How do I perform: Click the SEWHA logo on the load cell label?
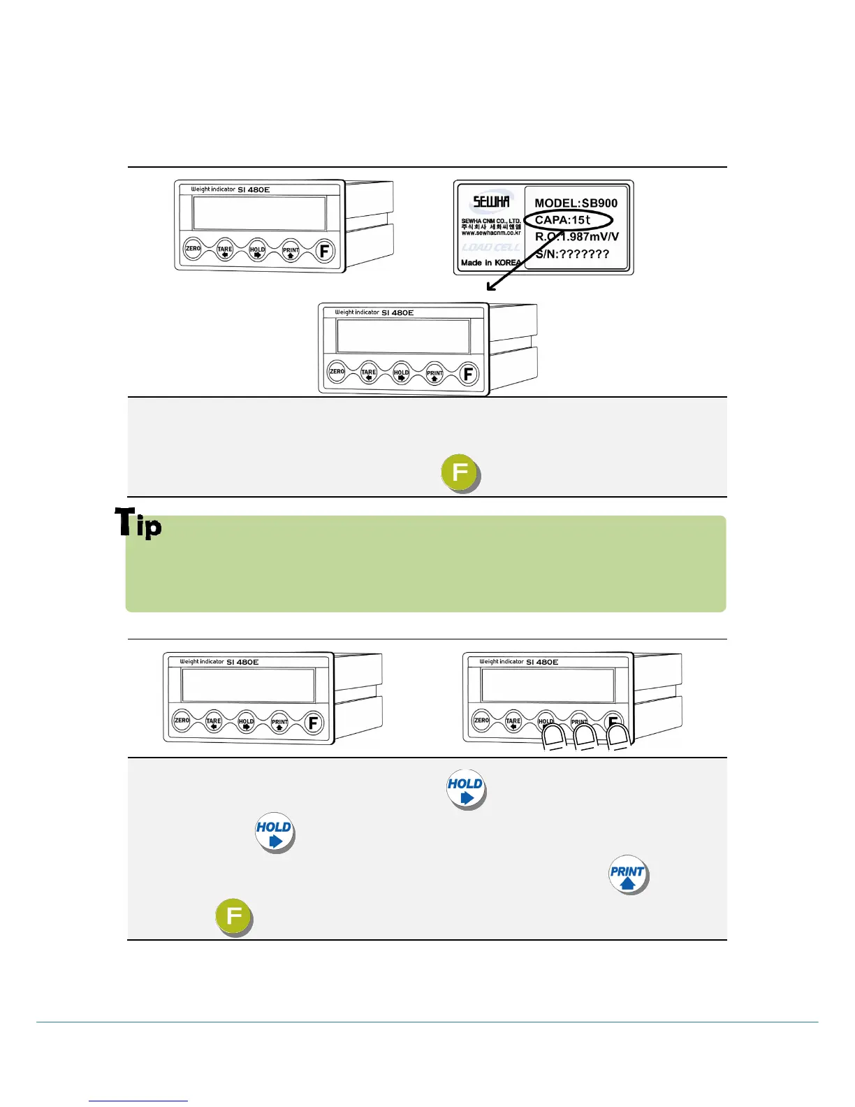491,203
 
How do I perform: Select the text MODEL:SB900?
576,203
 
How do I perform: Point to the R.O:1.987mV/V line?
577,237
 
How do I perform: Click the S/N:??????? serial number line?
572,254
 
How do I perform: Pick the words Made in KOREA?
490,263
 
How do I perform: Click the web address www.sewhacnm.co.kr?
491,233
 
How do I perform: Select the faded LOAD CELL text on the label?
490,247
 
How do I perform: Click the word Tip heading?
138,523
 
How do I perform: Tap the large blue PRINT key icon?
627,874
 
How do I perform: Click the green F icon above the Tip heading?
460,473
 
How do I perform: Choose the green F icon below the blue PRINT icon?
233,916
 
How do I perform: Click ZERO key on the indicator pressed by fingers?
481,720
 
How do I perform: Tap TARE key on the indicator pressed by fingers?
513,721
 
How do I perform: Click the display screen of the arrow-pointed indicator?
403,337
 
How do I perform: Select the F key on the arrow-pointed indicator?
468,374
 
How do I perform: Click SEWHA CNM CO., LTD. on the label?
491,221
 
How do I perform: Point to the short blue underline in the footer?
138,1101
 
